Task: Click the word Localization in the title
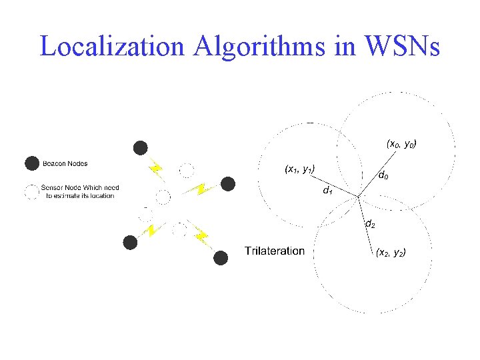coord(111,46)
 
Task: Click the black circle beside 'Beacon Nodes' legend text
coord(31,163)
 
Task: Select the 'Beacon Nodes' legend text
coord(65,163)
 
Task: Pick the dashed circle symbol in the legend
coord(31,192)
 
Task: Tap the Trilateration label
coord(275,251)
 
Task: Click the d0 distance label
coord(384,176)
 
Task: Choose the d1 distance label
coord(327,191)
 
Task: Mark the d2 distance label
coord(369,224)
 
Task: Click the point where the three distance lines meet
coord(359,197)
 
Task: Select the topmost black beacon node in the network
coord(140,147)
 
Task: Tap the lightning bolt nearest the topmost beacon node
coord(156,167)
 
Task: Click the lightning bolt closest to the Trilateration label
coord(201,236)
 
